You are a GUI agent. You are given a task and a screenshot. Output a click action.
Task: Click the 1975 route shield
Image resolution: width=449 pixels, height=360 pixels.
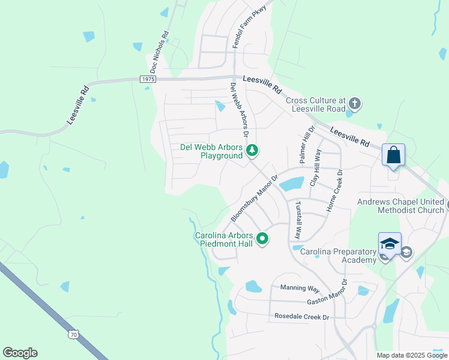[x=148, y=79]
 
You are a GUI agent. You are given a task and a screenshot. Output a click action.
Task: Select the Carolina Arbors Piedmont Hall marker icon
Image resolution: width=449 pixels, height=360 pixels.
[x=262, y=239]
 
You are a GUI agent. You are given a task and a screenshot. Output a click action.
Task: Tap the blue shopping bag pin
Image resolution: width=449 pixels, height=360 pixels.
[x=393, y=155]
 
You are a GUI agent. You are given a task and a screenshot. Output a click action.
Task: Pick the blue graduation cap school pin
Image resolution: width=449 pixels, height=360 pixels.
[x=389, y=244]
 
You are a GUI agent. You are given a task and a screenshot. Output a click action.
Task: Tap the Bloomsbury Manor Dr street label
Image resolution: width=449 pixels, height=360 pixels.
[x=255, y=199]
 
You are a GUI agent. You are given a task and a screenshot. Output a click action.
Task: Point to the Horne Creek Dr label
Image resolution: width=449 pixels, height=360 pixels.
[x=334, y=191]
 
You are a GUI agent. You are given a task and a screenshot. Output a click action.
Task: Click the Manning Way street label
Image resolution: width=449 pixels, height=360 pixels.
[x=300, y=289]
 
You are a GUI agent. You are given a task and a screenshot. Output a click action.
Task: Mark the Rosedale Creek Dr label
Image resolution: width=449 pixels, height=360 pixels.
[x=302, y=316]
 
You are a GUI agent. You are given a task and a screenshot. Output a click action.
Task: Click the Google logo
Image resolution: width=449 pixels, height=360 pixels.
[x=20, y=353]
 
